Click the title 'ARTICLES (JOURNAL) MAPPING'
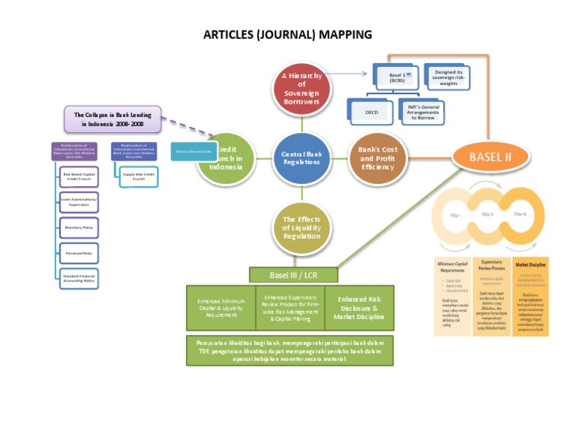coord(287,35)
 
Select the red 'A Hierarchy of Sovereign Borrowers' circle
coord(301,89)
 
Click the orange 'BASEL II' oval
coord(490,157)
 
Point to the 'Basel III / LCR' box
coord(292,275)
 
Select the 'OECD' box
coord(372,112)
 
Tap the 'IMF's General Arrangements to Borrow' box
coord(422,112)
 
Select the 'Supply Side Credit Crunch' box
coord(138,176)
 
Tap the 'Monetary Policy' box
coord(79,227)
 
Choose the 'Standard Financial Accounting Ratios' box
coord(79,278)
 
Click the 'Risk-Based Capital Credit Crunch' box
coord(79,176)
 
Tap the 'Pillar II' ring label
coord(487,214)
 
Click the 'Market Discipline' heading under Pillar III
coord(530,265)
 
